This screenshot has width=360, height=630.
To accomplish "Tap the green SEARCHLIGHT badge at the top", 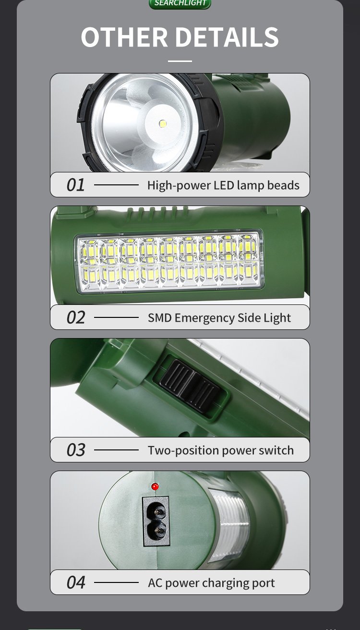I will coord(180,3).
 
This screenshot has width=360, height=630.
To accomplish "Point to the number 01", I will coord(75,185).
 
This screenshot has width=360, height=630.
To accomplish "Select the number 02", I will coord(75,318).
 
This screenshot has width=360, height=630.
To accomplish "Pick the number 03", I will coord(75,450).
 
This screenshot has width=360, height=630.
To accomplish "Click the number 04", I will coord(75,583).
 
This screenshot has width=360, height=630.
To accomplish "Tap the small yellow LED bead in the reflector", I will coord(163,124).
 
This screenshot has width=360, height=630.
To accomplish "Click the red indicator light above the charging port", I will coord(155,487).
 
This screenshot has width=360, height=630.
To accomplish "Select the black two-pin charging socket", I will coord(156,521).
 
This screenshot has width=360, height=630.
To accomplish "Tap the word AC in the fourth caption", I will coord(155,583).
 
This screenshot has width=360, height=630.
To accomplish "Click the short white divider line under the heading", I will coord(180,61).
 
